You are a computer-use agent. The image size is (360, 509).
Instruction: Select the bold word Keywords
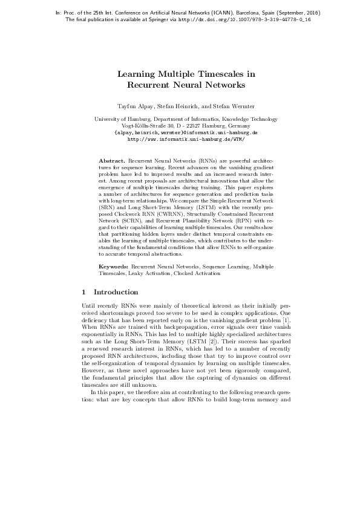point(113,266)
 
